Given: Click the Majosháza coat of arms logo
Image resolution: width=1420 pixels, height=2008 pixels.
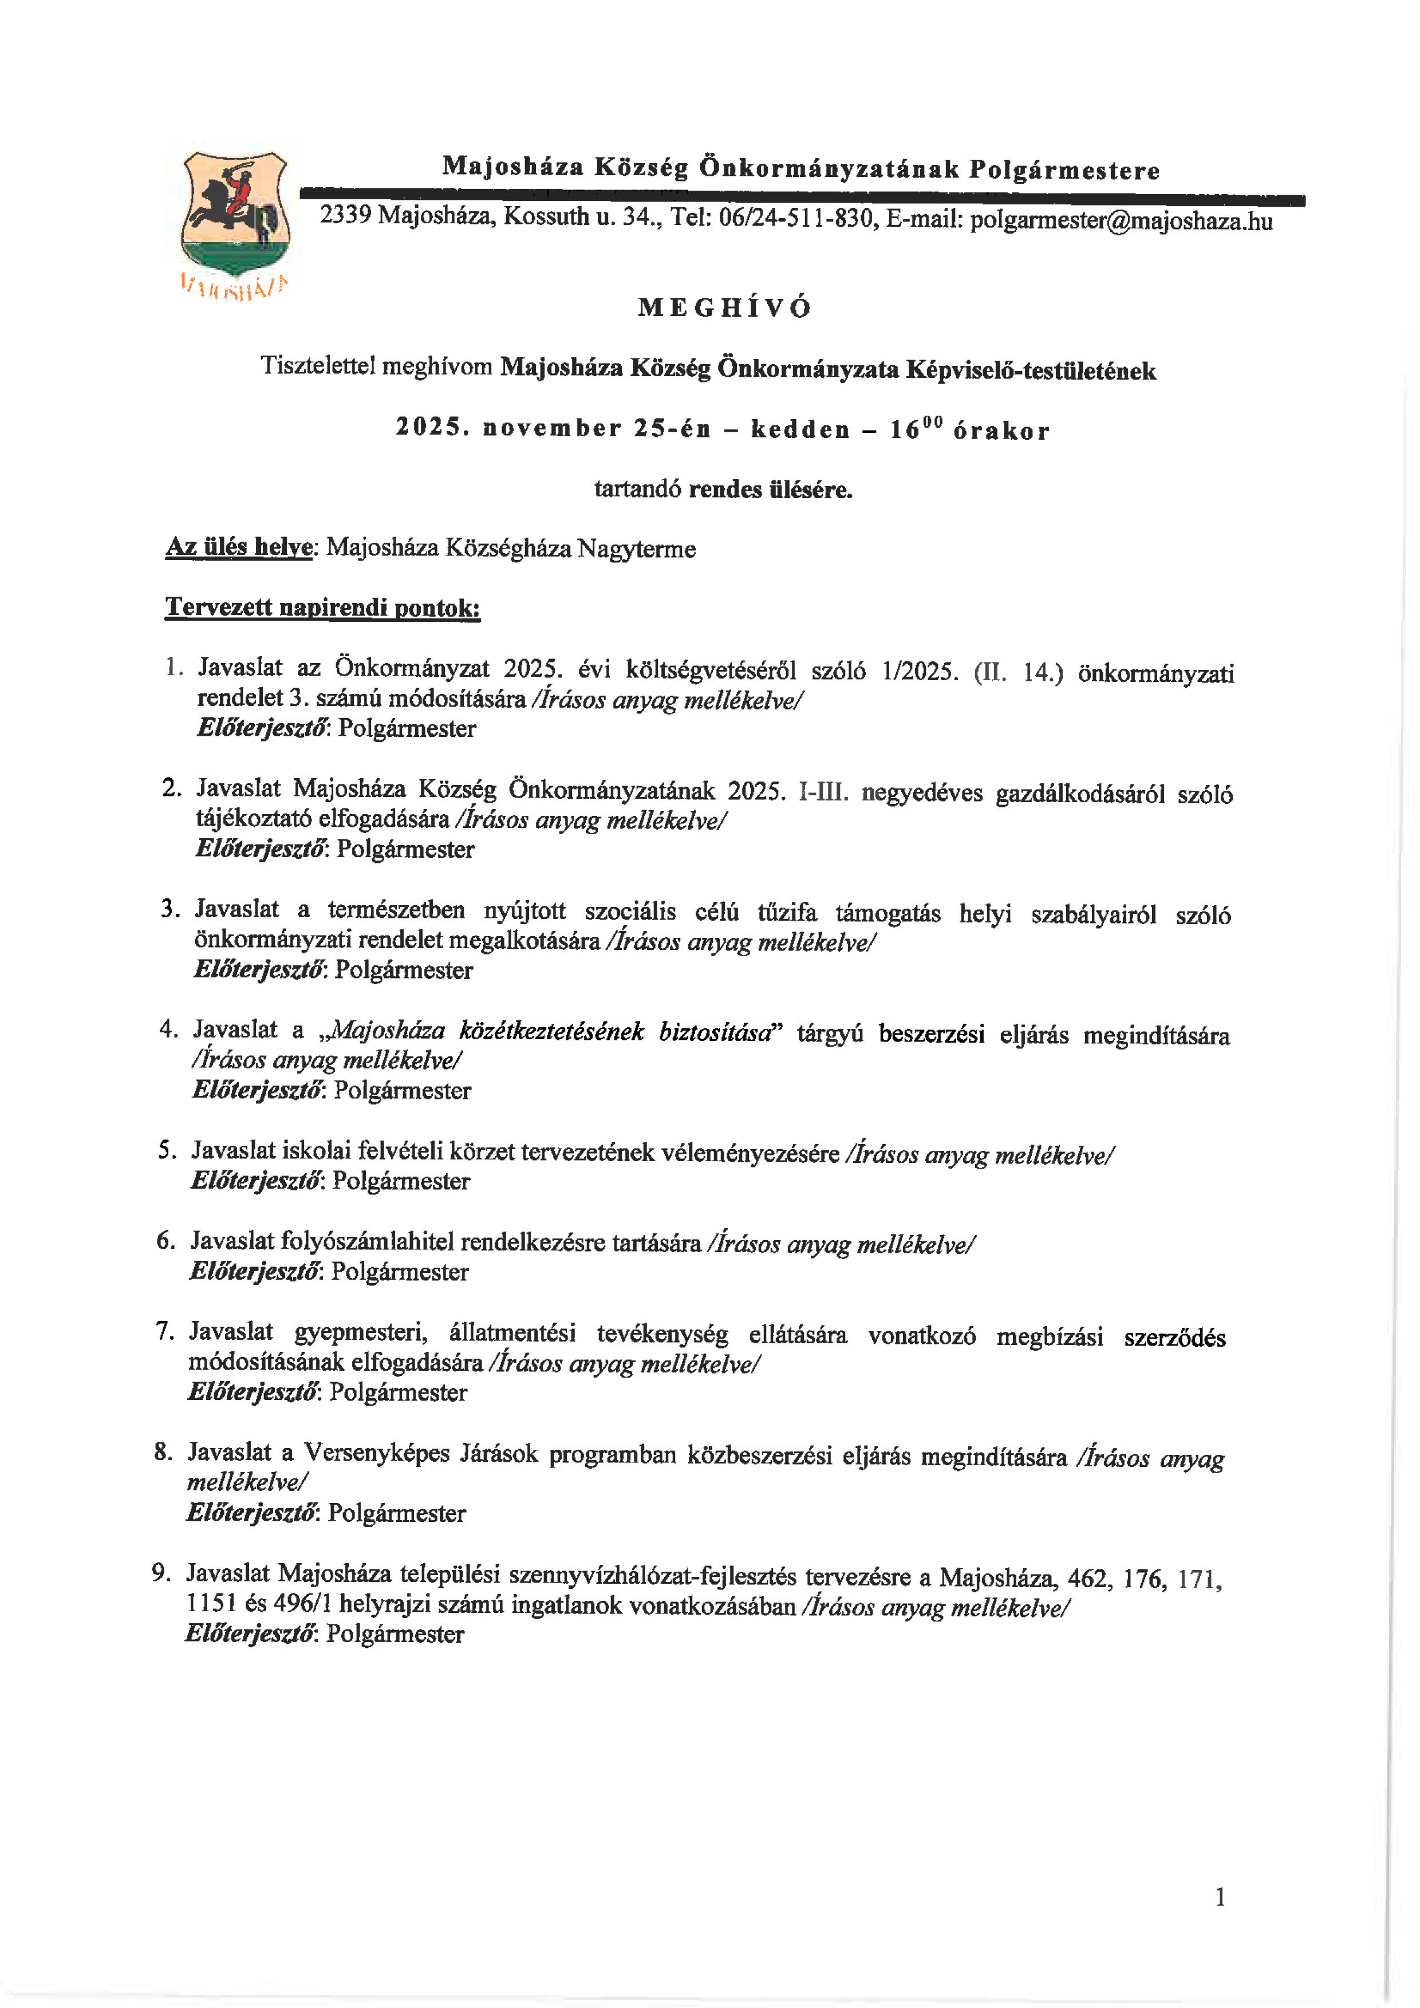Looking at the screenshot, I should [x=234, y=214].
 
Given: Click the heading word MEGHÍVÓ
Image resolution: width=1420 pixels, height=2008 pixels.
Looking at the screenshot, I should [x=725, y=308].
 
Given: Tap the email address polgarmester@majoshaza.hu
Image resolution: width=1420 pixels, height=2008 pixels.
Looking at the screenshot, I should [x=1121, y=220].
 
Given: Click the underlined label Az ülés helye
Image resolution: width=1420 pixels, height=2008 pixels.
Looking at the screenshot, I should [x=239, y=547].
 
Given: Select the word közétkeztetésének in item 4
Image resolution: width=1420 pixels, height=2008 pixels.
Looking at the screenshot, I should [x=552, y=1031].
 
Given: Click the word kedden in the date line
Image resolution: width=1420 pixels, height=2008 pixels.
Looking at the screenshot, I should [x=800, y=429].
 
